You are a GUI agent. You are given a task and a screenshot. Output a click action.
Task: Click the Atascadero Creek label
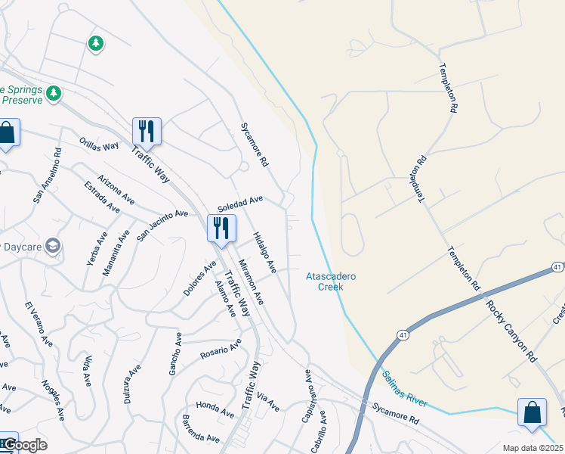[331, 281]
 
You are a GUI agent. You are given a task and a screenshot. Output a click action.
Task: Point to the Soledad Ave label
[239, 204]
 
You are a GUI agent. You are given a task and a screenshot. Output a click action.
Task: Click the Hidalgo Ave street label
[264, 251]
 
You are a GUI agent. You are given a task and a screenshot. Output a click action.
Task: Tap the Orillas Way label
[100, 144]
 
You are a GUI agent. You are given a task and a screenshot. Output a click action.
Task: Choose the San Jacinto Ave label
[162, 225]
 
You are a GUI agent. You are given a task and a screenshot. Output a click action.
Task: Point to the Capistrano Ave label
[307, 396]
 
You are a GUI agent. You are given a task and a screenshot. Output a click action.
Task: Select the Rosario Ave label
[220, 349]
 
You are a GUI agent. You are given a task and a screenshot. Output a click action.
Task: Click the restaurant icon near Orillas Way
[147, 131]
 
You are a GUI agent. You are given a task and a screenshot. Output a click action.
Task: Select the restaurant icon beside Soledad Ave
[221, 228]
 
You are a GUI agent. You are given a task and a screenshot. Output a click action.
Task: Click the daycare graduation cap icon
[53, 246]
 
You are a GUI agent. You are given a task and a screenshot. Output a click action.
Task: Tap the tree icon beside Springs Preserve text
[53, 93]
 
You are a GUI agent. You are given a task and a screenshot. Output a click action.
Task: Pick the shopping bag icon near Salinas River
[532, 412]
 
